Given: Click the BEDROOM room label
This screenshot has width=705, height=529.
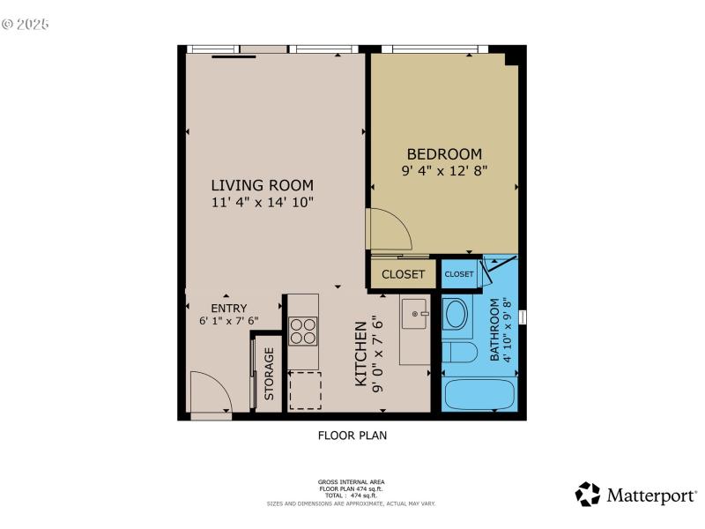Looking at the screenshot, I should tap(443, 153).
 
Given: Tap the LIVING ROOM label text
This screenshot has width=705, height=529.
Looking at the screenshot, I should tap(262, 185).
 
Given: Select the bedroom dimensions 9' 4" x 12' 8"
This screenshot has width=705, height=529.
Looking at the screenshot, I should tap(443, 170).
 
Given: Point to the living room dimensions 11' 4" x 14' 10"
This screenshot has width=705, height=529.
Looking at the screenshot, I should tap(262, 202).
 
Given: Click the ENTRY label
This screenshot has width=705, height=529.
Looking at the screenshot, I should tap(228, 308).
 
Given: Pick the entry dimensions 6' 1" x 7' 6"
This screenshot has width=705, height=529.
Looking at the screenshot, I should tap(228, 321).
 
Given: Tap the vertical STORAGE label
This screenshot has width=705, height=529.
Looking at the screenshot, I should tap(270, 374).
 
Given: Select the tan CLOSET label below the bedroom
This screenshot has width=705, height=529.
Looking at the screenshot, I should tap(403, 274).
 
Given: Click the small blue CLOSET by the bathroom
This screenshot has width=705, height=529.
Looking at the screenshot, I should tap(458, 274).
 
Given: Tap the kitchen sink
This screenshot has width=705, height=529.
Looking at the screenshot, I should tap(414, 313).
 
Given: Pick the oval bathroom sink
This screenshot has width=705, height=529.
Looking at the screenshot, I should tap(456, 314).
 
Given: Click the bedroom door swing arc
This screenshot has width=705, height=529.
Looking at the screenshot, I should tap(390, 230).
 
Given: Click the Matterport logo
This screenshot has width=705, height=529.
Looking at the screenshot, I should tap(635, 495).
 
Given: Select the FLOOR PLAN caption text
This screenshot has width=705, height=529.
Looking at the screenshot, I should tap(352, 435).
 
